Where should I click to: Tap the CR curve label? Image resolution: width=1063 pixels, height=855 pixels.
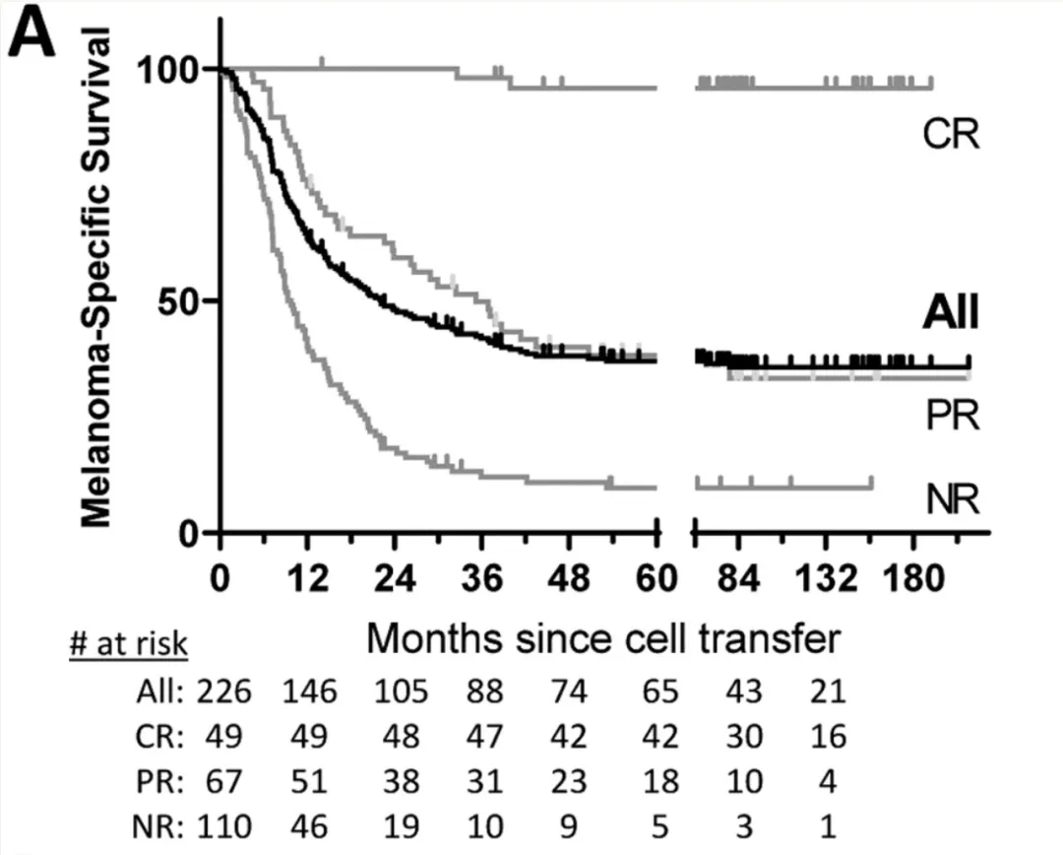(x=951, y=134)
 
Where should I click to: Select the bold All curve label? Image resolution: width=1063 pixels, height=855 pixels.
(x=950, y=314)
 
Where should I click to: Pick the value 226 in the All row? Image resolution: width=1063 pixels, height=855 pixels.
(x=223, y=691)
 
